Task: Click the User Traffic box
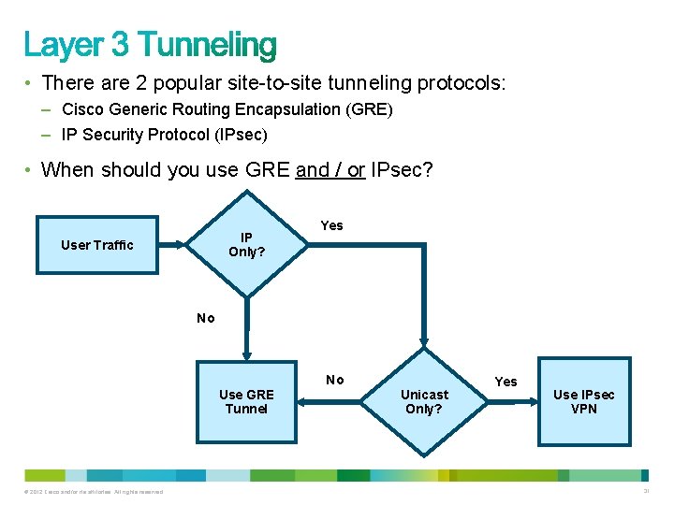(97, 245)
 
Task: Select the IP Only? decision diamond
(247, 245)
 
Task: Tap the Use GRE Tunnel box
(246, 402)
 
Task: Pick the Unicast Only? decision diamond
(424, 402)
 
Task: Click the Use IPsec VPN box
(583, 402)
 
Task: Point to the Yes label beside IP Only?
(331, 225)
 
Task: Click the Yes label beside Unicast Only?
(505, 382)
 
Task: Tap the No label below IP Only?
(206, 318)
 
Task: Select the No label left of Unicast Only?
(334, 380)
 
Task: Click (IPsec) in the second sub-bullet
(241, 135)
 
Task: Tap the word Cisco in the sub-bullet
(82, 109)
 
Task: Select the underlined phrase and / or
(330, 169)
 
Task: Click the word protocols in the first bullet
(459, 83)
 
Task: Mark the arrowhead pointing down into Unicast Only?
(424, 342)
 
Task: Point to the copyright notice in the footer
(89, 492)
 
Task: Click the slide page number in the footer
(647, 492)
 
